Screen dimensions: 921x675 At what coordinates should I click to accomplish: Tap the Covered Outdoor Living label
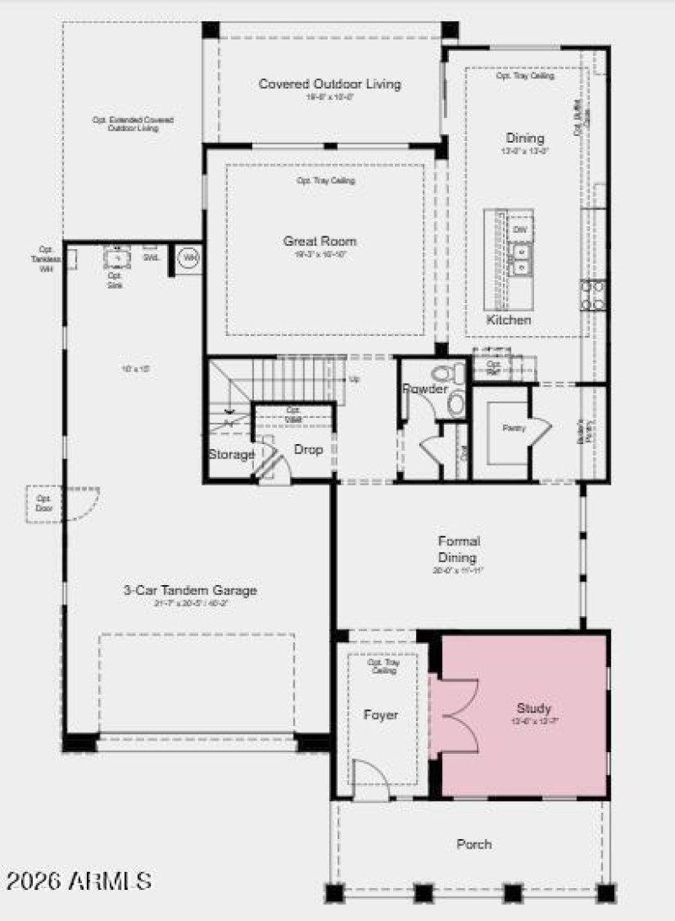pos(330,84)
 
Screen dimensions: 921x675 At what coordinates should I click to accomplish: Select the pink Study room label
pos(534,708)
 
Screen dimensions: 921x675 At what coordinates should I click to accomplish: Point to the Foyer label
pos(381,715)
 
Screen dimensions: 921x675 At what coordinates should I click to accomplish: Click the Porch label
pos(474,843)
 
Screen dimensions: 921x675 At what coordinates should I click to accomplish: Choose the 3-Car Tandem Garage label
pos(197,590)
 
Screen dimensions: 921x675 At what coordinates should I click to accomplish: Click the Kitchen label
pos(509,320)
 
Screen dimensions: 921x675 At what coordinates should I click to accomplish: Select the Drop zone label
pos(309,450)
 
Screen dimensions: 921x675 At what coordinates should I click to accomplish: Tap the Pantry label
pos(514,428)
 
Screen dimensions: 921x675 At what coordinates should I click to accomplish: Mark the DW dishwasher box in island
pos(520,228)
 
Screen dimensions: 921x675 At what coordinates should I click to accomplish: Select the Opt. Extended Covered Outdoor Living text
pos(125,124)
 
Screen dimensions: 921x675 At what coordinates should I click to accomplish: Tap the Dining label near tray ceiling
pos(525,138)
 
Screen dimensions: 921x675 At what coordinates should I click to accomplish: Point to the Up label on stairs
pos(354,379)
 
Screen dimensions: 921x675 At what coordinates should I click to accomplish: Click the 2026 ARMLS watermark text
pos(78,881)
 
